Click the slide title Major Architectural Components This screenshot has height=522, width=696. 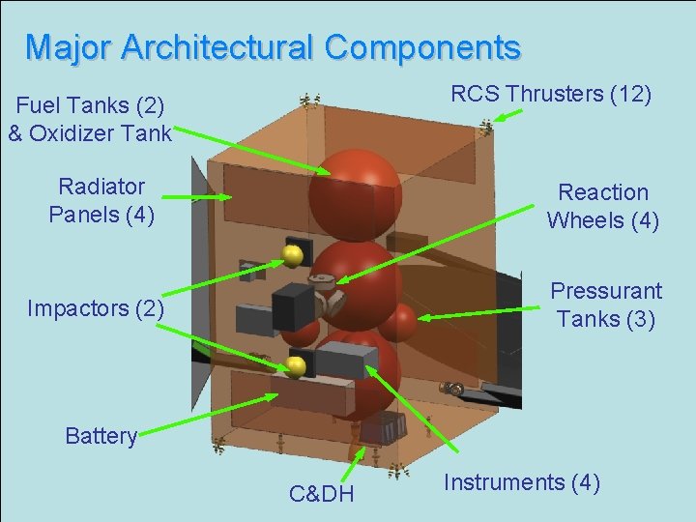click(x=273, y=46)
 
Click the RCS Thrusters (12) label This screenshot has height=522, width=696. click(x=551, y=94)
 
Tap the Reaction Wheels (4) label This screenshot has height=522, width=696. click(x=602, y=207)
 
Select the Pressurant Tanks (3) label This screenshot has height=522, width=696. click(x=605, y=304)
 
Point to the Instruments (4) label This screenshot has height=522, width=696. click(x=522, y=482)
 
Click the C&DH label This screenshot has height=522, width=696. click(x=321, y=495)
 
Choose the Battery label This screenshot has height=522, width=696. click(x=101, y=436)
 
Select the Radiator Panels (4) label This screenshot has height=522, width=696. click(x=101, y=200)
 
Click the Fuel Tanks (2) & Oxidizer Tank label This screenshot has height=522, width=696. click(x=89, y=119)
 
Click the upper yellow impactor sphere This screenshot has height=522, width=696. click(x=292, y=255)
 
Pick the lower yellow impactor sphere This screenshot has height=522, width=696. click(x=296, y=366)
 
